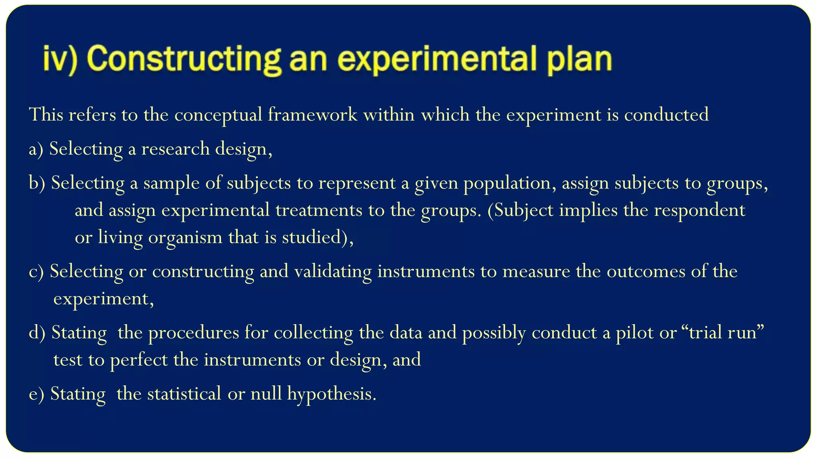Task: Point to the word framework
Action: coord(312,115)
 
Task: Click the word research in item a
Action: coord(176,149)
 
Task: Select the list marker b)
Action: coord(37,183)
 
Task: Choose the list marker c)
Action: coord(36,272)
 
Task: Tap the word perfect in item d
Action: coord(139,360)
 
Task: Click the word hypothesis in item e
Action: coord(332,394)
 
